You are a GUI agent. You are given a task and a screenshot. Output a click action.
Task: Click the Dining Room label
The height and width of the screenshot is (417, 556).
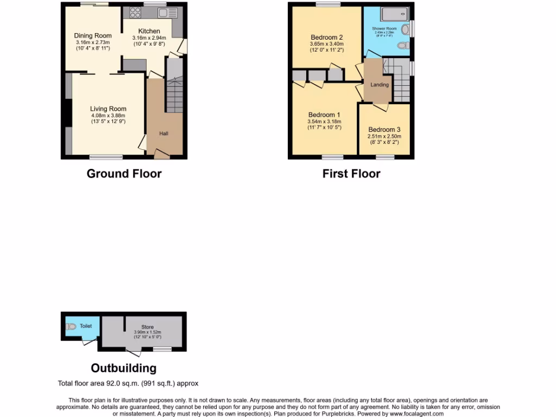click(x=93, y=36)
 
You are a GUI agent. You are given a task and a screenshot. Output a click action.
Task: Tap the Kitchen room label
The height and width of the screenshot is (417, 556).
click(x=149, y=31)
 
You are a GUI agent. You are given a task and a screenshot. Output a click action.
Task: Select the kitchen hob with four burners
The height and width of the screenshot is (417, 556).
click(x=135, y=12)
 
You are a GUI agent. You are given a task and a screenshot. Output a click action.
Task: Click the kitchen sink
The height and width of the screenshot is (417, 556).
click(x=165, y=12)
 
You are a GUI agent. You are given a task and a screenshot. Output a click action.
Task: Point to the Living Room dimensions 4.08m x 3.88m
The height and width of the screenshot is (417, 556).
click(x=108, y=115)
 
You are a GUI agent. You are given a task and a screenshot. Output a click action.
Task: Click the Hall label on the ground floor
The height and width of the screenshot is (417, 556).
click(x=163, y=134)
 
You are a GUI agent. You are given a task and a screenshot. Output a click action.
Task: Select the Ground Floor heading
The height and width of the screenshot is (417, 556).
click(x=124, y=174)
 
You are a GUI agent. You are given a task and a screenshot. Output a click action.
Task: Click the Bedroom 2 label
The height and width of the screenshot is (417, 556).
click(x=326, y=37)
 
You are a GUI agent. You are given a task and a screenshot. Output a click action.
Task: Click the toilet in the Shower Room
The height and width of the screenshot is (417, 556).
click(x=403, y=46)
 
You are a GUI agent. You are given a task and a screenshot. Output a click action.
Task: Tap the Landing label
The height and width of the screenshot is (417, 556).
click(x=380, y=85)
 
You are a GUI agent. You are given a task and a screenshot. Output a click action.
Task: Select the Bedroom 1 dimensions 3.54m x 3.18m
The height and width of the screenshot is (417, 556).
click(x=324, y=121)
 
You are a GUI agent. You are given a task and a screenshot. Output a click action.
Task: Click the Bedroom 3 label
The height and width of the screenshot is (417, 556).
click(x=384, y=130)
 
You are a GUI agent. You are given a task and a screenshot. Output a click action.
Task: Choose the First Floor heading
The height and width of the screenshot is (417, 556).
click(x=351, y=174)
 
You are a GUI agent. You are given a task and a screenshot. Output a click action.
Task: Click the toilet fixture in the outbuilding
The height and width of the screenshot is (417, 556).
click(x=71, y=327)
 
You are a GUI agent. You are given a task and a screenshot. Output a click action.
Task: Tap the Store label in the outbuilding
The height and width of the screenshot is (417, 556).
click(x=147, y=327)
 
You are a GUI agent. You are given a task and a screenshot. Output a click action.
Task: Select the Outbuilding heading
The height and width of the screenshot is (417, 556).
click(x=123, y=368)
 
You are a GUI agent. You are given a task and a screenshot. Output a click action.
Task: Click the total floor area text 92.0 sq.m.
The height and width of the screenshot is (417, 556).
click(x=128, y=383)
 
